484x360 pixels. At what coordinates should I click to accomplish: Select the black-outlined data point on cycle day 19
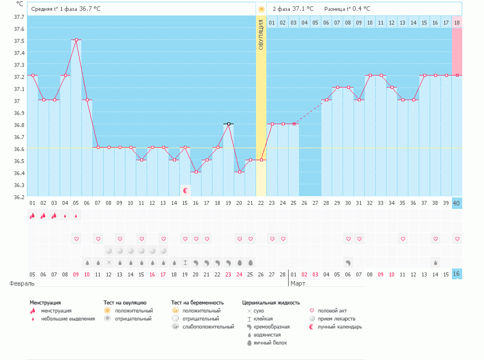coord(229,124)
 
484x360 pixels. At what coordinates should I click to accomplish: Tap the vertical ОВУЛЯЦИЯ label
coord(261,35)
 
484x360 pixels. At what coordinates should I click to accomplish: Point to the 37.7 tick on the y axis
coord(19,17)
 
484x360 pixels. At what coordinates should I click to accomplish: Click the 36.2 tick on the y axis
coord(19,197)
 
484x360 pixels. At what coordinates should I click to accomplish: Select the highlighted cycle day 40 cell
coord(457,203)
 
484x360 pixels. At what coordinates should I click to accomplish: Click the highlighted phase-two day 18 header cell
coord(457,22)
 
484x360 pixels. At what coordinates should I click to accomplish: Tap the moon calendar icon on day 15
coord(185,189)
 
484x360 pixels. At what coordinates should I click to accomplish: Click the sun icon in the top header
coord(261,9)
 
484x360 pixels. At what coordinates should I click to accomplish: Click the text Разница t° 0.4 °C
coord(347,9)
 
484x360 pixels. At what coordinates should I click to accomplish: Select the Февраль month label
coord(22,283)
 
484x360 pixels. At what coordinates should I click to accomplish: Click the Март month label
coord(298,283)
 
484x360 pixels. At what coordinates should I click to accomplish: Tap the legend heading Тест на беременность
coord(197,303)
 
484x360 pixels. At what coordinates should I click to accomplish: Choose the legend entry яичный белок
coord(270,343)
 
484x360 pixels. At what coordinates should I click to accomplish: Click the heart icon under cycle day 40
coord(457,239)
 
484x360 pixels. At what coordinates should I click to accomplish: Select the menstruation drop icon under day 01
coord(32,215)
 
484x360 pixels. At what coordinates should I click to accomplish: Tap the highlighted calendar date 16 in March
coord(457,274)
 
